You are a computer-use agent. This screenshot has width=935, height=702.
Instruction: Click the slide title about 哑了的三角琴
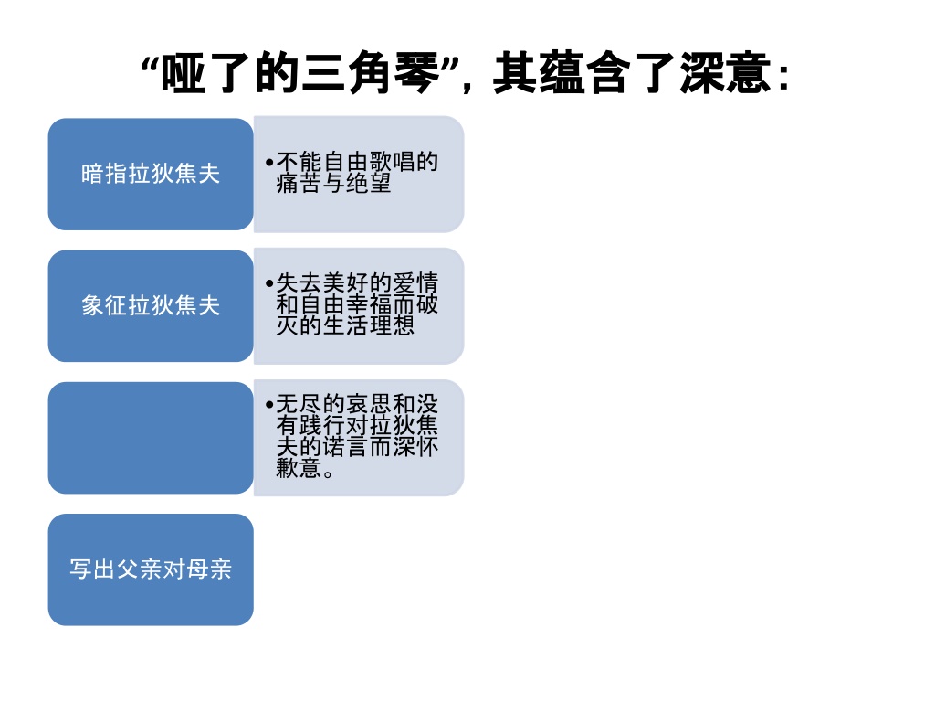coord(465,73)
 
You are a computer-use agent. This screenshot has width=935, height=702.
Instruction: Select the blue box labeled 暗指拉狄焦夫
coord(151,174)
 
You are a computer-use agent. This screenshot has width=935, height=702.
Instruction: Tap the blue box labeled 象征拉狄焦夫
coord(151,305)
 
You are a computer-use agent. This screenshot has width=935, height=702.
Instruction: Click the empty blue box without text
coord(151,438)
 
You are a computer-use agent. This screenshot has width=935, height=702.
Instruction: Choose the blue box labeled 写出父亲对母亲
coord(151,569)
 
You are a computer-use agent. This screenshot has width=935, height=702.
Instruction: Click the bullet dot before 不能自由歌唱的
coord(269,163)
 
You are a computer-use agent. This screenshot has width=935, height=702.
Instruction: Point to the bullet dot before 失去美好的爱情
coord(269,283)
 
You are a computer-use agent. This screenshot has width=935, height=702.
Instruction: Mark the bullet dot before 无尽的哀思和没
coord(269,405)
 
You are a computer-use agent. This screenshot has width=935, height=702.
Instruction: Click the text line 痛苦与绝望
coord(333,183)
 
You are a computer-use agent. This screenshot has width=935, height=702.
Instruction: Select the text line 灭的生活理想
coord(345,325)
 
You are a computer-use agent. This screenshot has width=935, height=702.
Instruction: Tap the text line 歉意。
coord(305,468)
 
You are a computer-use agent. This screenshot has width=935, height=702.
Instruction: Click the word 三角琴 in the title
coord(371,73)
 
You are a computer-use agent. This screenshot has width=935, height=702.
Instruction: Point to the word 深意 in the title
coord(725,73)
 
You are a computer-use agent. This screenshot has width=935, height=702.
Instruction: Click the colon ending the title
coord(784,77)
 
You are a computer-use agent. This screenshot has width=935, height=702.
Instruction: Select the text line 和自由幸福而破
coord(357,304)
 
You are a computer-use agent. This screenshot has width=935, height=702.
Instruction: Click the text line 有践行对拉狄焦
coord(357,426)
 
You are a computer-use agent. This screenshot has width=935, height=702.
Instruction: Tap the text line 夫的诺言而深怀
coord(357,446)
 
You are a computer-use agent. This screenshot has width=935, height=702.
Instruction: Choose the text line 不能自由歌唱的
coord(357,162)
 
